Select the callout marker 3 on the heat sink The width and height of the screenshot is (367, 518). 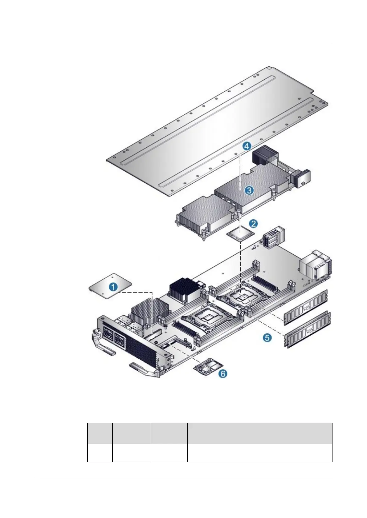pos(249,190)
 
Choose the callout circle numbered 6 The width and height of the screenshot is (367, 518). pos(223,374)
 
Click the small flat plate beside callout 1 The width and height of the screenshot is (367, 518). pos(102,285)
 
